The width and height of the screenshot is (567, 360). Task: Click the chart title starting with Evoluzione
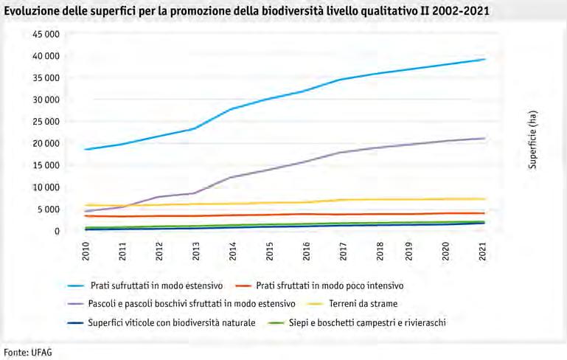pos(246,12)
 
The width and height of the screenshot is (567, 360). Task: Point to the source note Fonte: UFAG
pos(29,352)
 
